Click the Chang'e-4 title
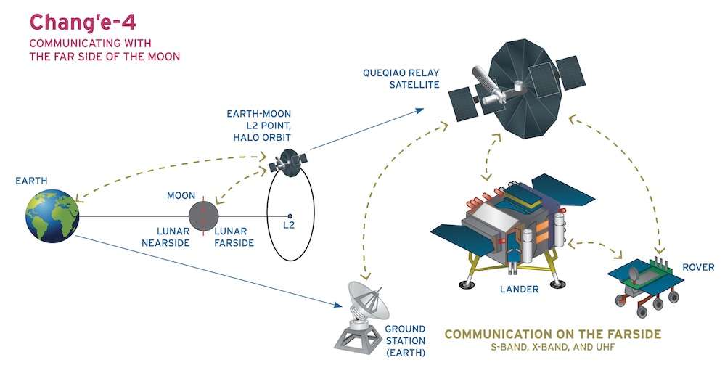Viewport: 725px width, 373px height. click(x=83, y=22)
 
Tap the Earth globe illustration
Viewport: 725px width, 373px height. click(x=52, y=216)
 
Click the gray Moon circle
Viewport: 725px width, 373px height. click(x=203, y=216)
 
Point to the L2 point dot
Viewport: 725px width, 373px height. click(x=290, y=216)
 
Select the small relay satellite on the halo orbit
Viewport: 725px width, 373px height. click(x=289, y=163)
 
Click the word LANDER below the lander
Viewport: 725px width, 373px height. click(x=519, y=290)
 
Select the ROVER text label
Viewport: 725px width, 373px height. click(x=698, y=267)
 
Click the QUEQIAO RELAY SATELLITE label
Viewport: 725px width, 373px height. click(x=401, y=78)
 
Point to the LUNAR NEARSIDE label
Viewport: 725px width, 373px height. click(x=165, y=237)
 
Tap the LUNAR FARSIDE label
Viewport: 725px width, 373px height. click(x=234, y=237)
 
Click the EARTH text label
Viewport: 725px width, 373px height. click(x=31, y=181)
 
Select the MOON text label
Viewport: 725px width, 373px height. click(x=181, y=195)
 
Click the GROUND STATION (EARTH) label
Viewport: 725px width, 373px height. click(x=405, y=340)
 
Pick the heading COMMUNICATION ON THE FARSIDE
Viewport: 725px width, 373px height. click(x=552, y=334)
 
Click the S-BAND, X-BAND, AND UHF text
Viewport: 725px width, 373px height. click(x=552, y=347)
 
